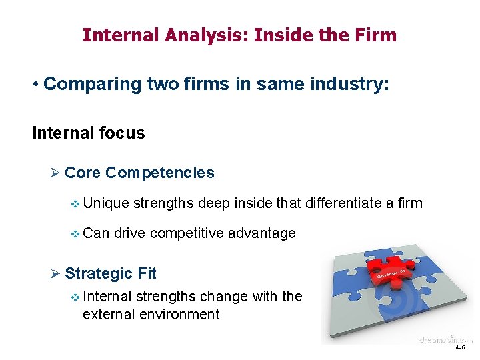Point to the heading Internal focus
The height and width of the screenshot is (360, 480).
(89, 133)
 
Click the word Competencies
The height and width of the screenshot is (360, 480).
(160, 173)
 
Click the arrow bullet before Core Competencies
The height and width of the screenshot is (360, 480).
(55, 173)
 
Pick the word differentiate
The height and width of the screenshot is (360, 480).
(343, 203)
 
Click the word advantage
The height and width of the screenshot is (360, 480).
(262, 233)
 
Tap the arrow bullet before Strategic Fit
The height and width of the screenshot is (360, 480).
(55, 273)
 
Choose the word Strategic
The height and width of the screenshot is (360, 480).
(99, 273)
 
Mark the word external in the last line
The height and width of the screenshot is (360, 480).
(107, 315)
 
